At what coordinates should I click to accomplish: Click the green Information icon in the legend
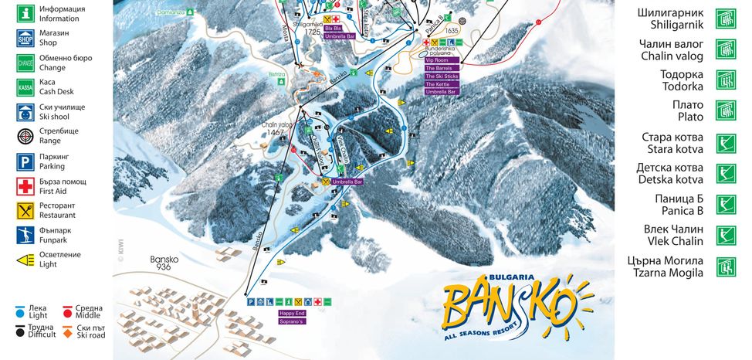[25, 13]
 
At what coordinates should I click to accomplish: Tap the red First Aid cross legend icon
[25, 185]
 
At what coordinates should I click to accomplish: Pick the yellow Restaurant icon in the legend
[25, 210]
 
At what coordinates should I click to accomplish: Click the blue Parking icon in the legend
[25, 161]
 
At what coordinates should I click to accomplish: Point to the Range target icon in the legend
[25, 136]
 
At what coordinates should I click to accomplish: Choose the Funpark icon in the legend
[25, 235]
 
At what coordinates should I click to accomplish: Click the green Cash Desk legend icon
[25, 87]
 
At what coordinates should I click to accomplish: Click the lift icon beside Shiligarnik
[725, 19]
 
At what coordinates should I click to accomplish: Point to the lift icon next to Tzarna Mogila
[725, 267]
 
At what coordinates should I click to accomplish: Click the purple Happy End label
[292, 314]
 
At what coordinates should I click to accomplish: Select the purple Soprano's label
[292, 321]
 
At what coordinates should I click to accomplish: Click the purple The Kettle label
[437, 84]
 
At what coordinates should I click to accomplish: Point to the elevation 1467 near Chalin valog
[276, 133]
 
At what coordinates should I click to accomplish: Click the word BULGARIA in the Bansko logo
[512, 277]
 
